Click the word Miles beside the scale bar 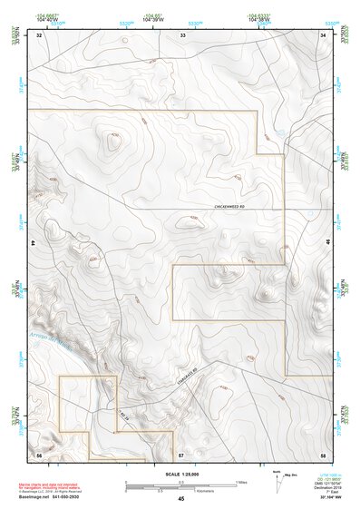[241, 482]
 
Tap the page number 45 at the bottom [181, 500]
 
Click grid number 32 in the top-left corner [39, 35]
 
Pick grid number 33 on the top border [181, 35]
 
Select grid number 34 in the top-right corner [324, 35]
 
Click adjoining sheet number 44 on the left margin [34, 244]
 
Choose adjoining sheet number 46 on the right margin [328, 244]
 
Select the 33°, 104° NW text [323, 500]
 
